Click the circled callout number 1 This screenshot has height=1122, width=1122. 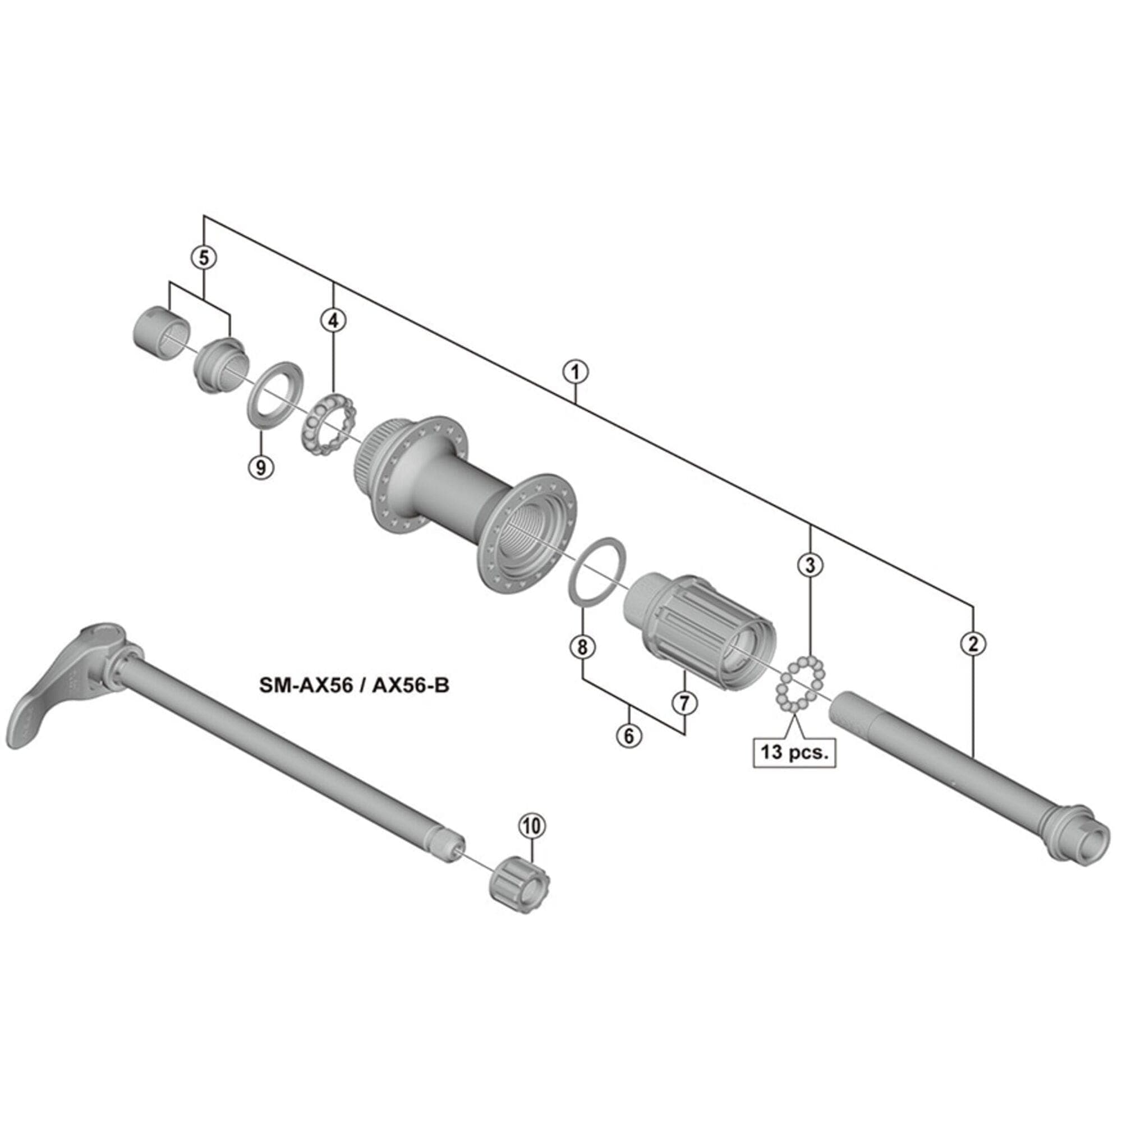click(x=576, y=373)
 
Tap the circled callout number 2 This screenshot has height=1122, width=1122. click(x=973, y=643)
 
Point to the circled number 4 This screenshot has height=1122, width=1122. click(x=333, y=320)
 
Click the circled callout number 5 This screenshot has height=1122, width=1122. click(x=204, y=257)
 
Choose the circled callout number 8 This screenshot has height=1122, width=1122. click(x=582, y=646)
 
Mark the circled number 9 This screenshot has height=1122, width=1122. click(x=261, y=466)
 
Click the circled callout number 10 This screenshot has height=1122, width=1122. click(x=532, y=826)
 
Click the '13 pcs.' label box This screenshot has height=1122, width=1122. click(x=794, y=753)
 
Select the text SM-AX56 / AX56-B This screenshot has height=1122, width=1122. click(x=354, y=686)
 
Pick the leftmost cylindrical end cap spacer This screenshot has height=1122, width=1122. click(x=158, y=334)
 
